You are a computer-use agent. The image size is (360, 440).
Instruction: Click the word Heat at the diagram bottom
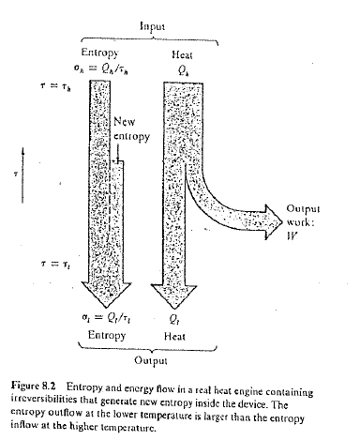click(x=183, y=307)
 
